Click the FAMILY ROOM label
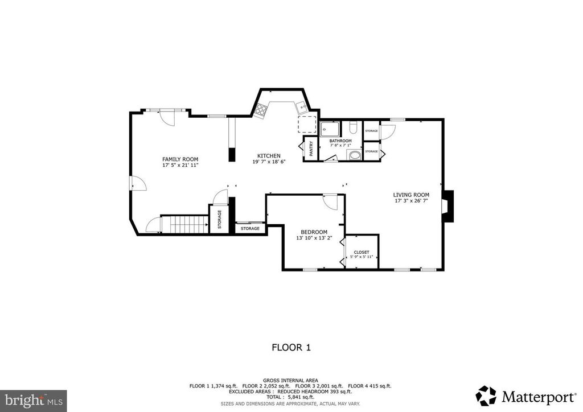coord(180,159)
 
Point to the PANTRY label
coord(311,149)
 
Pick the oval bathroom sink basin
coord(354,154)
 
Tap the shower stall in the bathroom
coord(330,129)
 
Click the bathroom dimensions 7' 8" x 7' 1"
coord(340,146)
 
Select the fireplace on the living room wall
coord(449,205)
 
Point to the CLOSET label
coord(362,252)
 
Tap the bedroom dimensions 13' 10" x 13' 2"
coord(314,238)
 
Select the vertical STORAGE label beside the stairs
coord(219,220)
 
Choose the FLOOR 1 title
coord(291,347)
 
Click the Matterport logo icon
coord(486,395)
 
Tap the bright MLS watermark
coord(33,400)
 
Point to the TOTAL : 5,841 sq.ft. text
coord(291,397)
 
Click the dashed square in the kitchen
coord(307,124)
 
